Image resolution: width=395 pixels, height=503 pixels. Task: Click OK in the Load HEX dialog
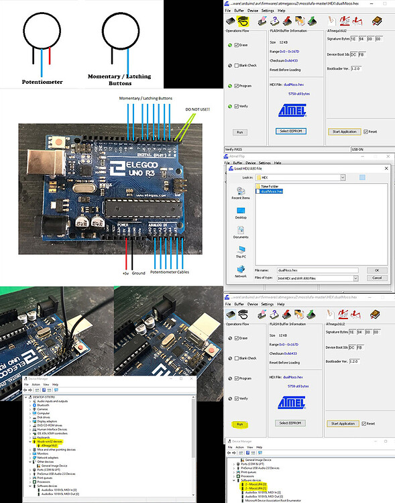point(376,269)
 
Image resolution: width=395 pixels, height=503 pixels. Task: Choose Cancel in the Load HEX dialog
point(376,277)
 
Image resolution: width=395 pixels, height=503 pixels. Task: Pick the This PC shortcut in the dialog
point(240,256)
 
